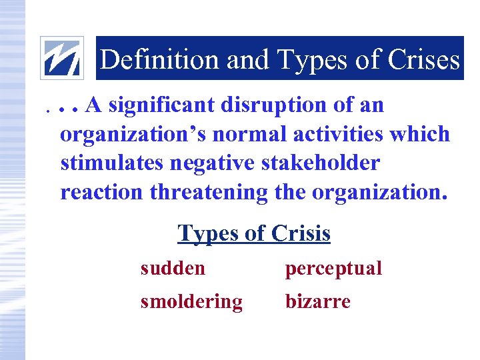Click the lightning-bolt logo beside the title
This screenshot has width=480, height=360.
(62, 58)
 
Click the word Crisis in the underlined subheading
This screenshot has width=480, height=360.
(301, 233)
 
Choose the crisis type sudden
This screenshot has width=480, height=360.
(173, 269)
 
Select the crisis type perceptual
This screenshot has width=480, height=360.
(333, 269)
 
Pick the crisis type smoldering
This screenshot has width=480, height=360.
(191, 302)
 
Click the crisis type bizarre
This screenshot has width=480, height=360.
(317, 302)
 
